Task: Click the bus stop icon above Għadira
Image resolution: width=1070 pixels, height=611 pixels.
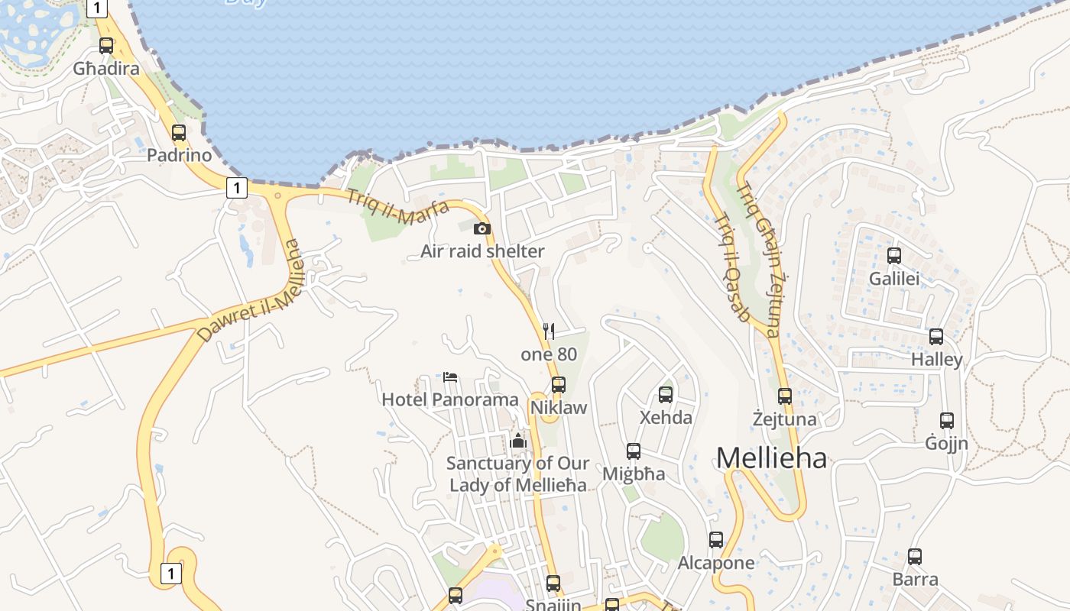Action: click(106, 46)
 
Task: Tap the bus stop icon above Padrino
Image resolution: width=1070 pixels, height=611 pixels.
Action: click(179, 133)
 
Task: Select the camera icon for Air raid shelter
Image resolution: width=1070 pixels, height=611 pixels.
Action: click(482, 228)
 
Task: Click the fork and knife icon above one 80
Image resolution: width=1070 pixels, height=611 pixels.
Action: click(548, 331)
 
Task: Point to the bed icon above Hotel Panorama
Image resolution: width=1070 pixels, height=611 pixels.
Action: click(450, 377)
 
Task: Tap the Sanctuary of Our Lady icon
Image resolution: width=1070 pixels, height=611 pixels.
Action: click(518, 441)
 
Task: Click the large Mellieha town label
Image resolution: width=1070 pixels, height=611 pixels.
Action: click(771, 458)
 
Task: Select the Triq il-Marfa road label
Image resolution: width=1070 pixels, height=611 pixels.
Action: click(397, 207)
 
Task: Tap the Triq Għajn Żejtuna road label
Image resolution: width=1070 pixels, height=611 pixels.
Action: click(758, 260)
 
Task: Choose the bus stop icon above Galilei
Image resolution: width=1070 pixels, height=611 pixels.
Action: click(894, 256)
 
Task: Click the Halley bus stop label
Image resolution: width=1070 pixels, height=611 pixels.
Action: click(936, 359)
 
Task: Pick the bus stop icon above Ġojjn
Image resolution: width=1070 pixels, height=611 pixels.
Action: click(947, 420)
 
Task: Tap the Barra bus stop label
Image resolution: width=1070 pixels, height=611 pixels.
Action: click(915, 579)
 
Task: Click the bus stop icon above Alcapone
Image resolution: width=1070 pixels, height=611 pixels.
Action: click(716, 540)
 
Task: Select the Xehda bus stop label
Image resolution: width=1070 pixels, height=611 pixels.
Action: click(666, 418)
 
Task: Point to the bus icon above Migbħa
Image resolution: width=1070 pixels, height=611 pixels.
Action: click(634, 451)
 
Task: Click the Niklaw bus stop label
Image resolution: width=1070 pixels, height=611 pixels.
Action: click(559, 407)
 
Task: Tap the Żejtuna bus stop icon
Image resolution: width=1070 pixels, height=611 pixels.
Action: click(785, 396)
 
